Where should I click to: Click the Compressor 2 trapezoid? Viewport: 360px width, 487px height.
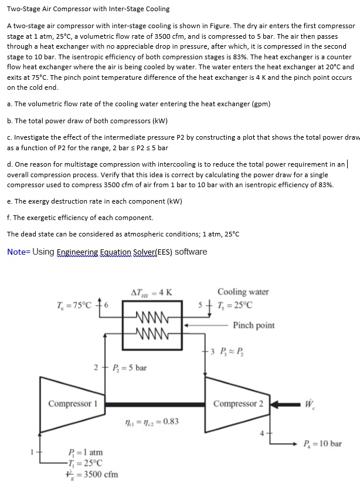(x=238, y=404)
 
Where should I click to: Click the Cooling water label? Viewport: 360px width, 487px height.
(x=243, y=292)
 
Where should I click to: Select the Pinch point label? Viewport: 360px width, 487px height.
(x=253, y=325)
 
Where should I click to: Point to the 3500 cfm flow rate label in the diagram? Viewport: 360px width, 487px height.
(x=89, y=474)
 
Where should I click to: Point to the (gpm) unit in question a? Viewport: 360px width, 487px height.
(x=260, y=104)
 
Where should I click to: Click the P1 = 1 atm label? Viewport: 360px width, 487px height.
(x=86, y=452)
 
